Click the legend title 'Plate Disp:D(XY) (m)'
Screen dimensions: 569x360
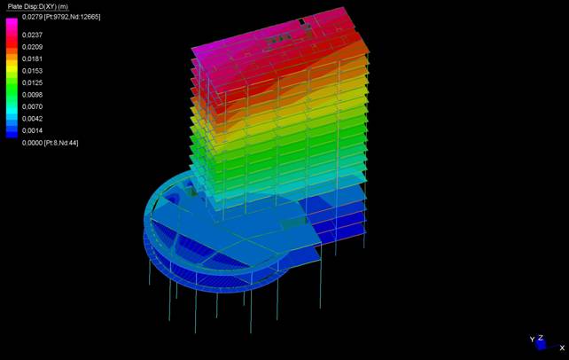click(38, 6)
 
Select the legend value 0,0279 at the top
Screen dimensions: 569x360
click(32, 17)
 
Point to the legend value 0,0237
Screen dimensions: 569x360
click(32, 35)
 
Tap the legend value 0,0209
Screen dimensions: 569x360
click(32, 47)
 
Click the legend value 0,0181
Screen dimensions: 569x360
click(32, 59)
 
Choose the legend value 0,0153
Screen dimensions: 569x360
click(32, 71)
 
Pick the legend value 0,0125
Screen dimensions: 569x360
click(32, 82)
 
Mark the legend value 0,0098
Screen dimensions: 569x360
click(32, 95)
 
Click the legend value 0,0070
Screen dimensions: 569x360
click(32, 106)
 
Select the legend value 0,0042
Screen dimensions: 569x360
click(32, 119)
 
